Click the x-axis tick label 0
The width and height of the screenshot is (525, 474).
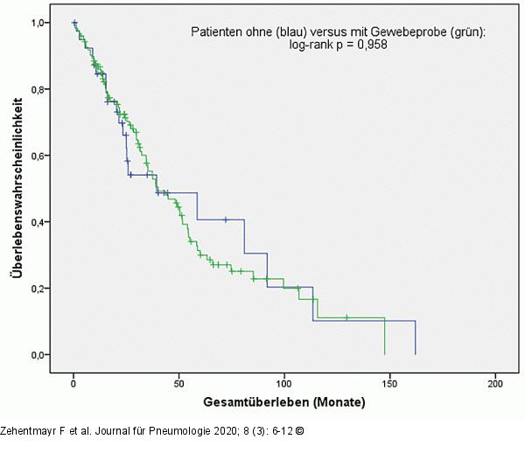coord(74,384)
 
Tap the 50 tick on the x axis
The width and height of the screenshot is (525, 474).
coord(179,384)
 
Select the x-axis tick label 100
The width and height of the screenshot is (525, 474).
coord(285,384)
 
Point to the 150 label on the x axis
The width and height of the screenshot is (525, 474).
coord(390,384)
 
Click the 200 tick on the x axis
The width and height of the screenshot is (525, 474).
coord(496,384)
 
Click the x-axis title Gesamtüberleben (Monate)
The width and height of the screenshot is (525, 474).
coord(284,403)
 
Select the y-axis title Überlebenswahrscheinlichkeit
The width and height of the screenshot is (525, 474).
coord(17,189)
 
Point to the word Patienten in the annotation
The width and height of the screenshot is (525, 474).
coord(216,32)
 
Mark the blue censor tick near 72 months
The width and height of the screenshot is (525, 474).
coord(226,220)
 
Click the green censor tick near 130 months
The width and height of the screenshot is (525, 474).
coord(346,317)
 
